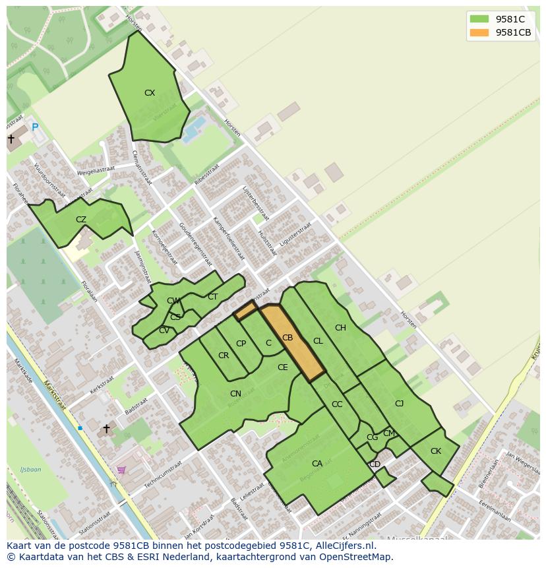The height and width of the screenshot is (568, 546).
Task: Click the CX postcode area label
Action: pos(150,93)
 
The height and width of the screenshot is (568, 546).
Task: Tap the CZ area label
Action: pos(81,220)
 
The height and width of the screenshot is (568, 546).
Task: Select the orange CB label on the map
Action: pos(288,338)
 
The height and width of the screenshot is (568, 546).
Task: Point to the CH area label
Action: pos(340,328)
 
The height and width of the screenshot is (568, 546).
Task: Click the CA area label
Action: pos(317,464)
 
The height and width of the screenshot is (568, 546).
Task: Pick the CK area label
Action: pos(435,451)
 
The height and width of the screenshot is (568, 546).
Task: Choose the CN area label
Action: pos(235,394)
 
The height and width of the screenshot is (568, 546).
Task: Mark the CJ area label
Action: pos(399,404)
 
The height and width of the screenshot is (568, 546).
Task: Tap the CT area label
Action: pos(212,297)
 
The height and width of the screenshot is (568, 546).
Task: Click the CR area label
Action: pos(224,356)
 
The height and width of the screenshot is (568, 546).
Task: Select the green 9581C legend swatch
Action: pos(479,19)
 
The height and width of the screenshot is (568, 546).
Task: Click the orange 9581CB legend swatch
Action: pos(479,32)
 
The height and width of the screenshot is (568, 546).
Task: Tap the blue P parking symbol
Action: pos(35,127)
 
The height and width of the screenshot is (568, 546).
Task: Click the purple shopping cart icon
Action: pos(121,470)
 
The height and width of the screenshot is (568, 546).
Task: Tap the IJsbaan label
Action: pos(30,470)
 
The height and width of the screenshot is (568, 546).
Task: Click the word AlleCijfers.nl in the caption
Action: pos(344,546)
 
